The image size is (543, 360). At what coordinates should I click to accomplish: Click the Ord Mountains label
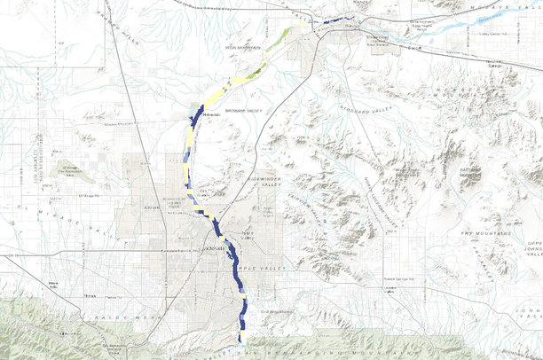tap(276, 312)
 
